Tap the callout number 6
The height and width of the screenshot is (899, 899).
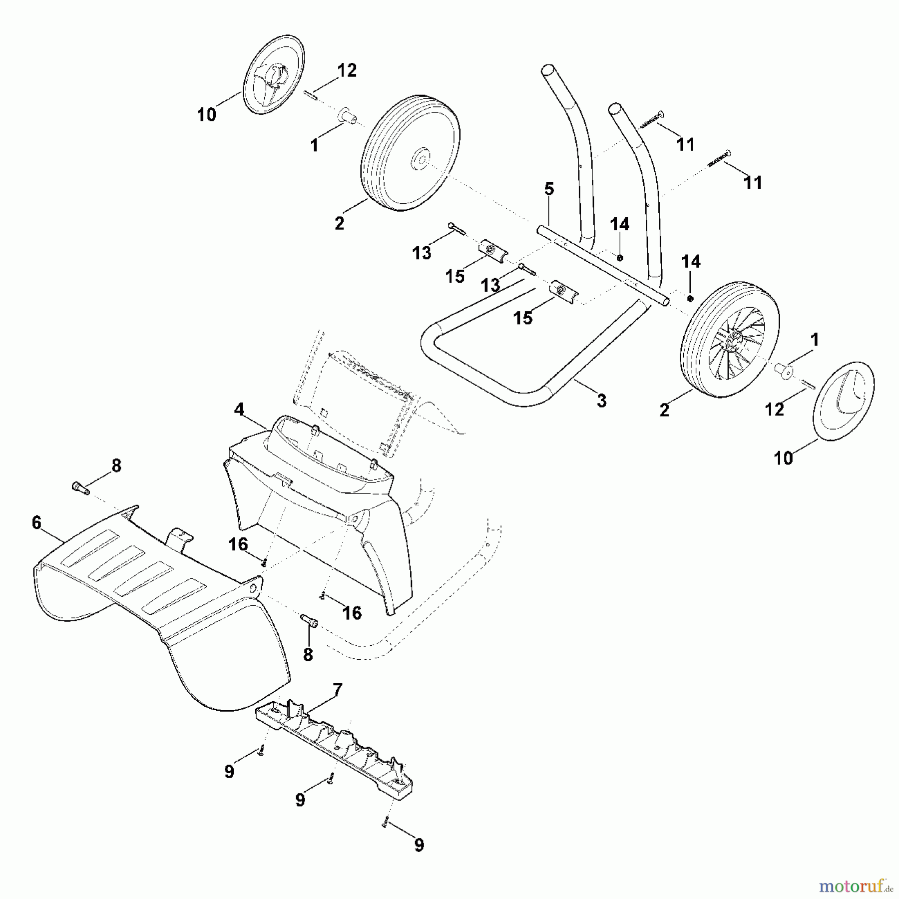36,522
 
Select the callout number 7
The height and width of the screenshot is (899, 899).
338,690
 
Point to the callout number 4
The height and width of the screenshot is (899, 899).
239,410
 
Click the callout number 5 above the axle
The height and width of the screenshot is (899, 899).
549,189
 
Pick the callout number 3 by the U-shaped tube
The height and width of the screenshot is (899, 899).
601,400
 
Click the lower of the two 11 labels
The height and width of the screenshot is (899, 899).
753,182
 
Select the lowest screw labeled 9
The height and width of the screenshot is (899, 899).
386,824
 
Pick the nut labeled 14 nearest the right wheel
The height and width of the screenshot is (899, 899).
690,298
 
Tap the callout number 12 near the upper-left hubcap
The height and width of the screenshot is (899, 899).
347,70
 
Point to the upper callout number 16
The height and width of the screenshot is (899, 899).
238,544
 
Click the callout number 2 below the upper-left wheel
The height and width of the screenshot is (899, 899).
339,223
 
